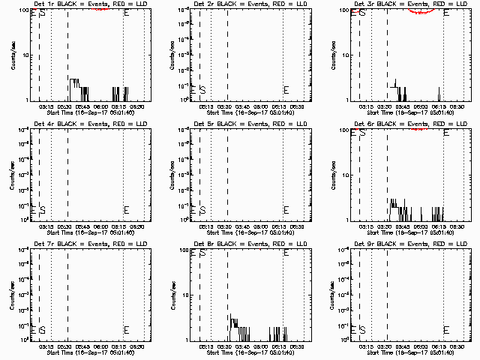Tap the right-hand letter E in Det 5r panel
coord(286,209)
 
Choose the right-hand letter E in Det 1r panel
coord(126,13)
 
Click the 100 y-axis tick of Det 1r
coord(23,10)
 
